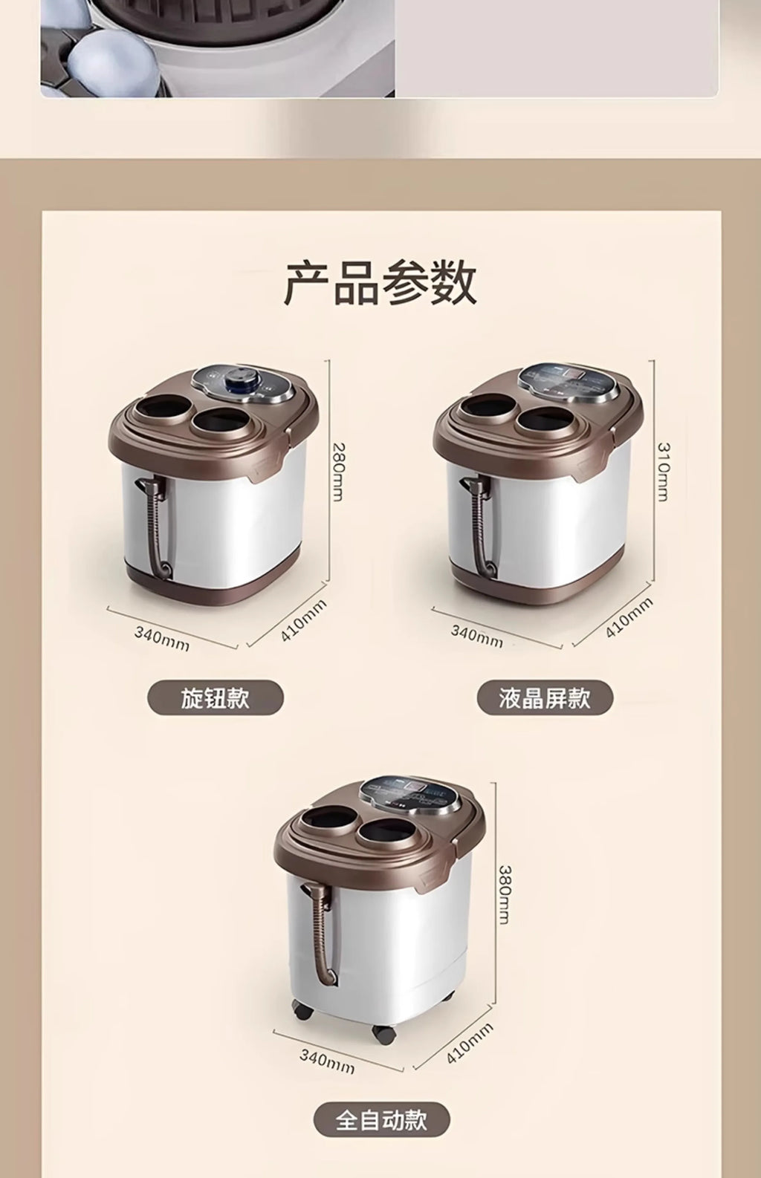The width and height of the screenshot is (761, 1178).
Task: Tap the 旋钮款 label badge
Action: pos(216,698)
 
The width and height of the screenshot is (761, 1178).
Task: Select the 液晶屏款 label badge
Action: pos(545,698)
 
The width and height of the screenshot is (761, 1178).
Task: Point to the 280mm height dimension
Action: pos(338,472)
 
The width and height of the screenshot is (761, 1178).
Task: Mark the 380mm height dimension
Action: pos(503,894)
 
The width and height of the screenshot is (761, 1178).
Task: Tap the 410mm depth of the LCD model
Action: pos(629,618)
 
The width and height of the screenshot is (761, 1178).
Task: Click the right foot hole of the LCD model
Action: pos(546,421)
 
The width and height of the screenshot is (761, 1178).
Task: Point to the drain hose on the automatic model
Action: pos(320,934)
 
